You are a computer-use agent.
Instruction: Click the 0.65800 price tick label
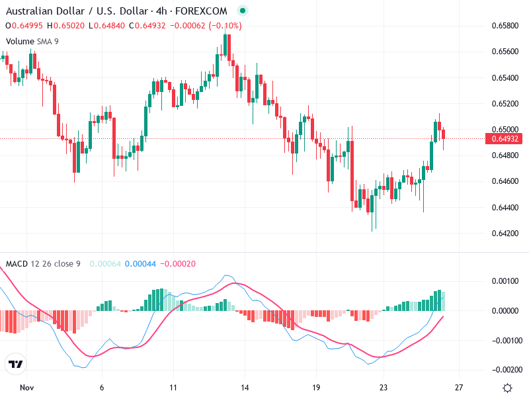click(x=504, y=25)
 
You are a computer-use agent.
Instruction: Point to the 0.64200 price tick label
click(x=504, y=233)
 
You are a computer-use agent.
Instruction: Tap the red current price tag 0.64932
click(x=505, y=139)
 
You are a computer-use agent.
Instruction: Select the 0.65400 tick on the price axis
click(x=504, y=77)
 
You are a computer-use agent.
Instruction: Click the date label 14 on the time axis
click(x=245, y=387)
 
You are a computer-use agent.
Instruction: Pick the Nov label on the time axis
click(x=26, y=387)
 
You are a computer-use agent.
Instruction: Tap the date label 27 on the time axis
click(x=459, y=387)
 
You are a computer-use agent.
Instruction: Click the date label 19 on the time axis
click(x=316, y=387)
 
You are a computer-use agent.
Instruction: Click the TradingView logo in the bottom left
click(x=15, y=365)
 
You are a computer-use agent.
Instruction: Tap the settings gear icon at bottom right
click(x=507, y=388)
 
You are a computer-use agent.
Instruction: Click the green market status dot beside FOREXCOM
click(x=242, y=11)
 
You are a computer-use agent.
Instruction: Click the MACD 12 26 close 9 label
click(x=43, y=264)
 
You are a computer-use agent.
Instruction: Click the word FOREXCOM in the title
click(x=204, y=11)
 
